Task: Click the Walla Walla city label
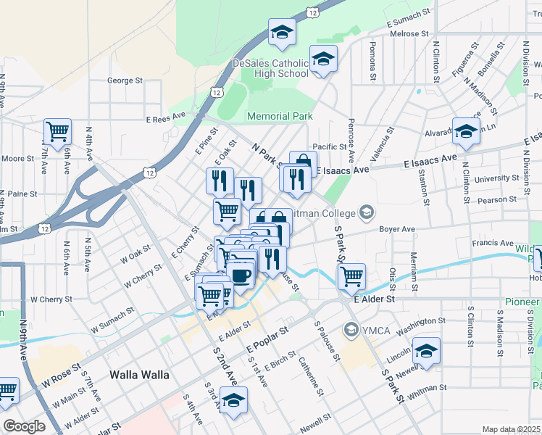point(139,375)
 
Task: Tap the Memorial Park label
point(280,116)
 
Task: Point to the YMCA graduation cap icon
point(352,331)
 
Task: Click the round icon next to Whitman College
point(367,212)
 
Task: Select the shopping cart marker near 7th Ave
point(57,132)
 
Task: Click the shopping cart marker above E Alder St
point(351,275)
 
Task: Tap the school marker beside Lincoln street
point(427,351)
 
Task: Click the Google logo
point(24,426)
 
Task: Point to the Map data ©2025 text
point(510,429)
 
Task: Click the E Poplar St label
point(267,339)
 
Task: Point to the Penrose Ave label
point(351,140)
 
